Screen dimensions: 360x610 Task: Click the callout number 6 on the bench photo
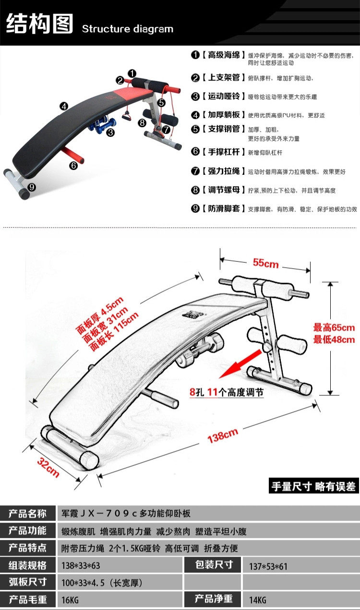tap(73, 165)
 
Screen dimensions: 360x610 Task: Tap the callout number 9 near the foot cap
tap(32, 187)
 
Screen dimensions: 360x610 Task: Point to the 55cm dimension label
tap(265, 263)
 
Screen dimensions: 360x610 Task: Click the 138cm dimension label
tap(223, 435)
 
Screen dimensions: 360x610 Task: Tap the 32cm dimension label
tap(48, 467)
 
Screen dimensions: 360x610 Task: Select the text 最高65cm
tap(334, 327)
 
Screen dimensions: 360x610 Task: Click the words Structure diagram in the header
tap(127, 29)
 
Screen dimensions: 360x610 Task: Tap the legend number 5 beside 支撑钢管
tap(195, 129)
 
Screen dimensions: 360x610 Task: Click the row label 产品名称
tap(27, 513)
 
